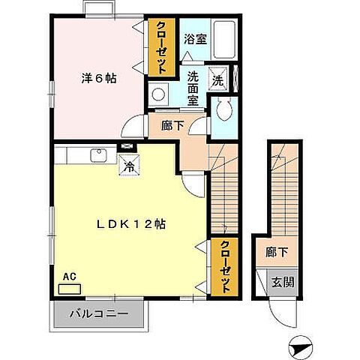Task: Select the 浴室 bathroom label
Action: [x=196, y=39]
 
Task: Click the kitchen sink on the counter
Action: [x=98, y=156]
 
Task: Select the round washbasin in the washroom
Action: [x=158, y=94]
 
